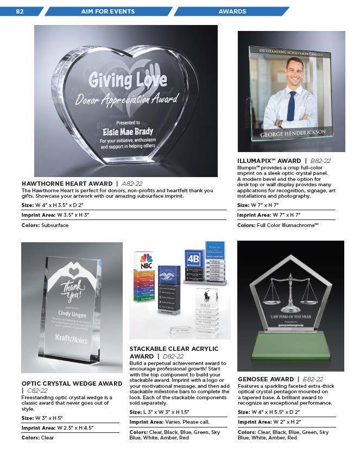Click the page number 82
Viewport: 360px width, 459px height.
[20, 11]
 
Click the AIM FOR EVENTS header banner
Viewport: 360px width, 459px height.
[108, 11]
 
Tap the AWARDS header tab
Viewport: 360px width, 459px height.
[232, 11]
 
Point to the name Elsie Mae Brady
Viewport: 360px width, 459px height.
[128, 131]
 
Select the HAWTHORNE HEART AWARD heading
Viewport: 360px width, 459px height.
[68, 183]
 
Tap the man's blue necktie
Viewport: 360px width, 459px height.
[292, 105]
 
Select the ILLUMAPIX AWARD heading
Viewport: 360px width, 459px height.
[269, 161]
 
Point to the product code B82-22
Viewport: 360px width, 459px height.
[320, 161]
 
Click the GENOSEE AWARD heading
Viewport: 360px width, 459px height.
[267, 379]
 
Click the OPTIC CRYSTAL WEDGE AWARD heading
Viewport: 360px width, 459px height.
[72, 383]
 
